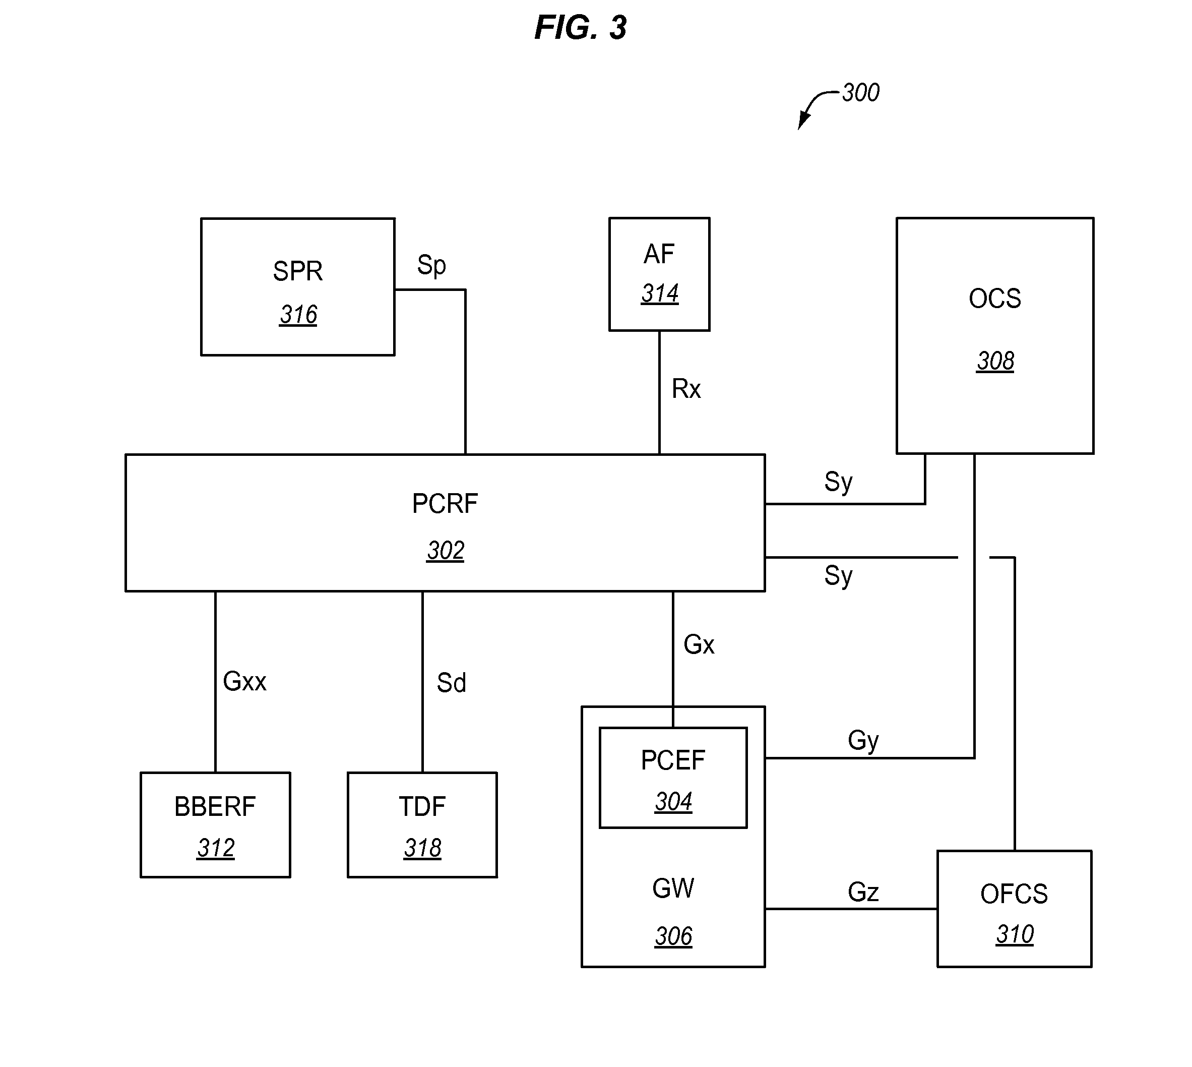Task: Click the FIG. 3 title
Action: coord(580,28)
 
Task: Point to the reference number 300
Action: coord(860,93)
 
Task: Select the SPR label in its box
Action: coord(298,271)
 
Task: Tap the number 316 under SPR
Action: coord(298,315)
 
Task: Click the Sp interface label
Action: coord(431,265)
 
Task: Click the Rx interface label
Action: coord(685,389)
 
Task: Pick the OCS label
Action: coord(994,299)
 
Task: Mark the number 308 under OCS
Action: coord(995,361)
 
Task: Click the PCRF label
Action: coord(445,504)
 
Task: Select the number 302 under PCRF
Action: coord(446,551)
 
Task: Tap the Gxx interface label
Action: coord(244,681)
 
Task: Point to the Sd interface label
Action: coord(451,683)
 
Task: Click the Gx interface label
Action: coord(699,645)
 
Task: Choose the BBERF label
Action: coord(215,807)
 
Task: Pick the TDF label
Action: coord(422,807)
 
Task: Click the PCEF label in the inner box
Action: coord(673,760)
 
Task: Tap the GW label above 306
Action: coord(673,888)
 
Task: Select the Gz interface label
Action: coord(863,893)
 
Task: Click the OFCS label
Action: coord(1014,894)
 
